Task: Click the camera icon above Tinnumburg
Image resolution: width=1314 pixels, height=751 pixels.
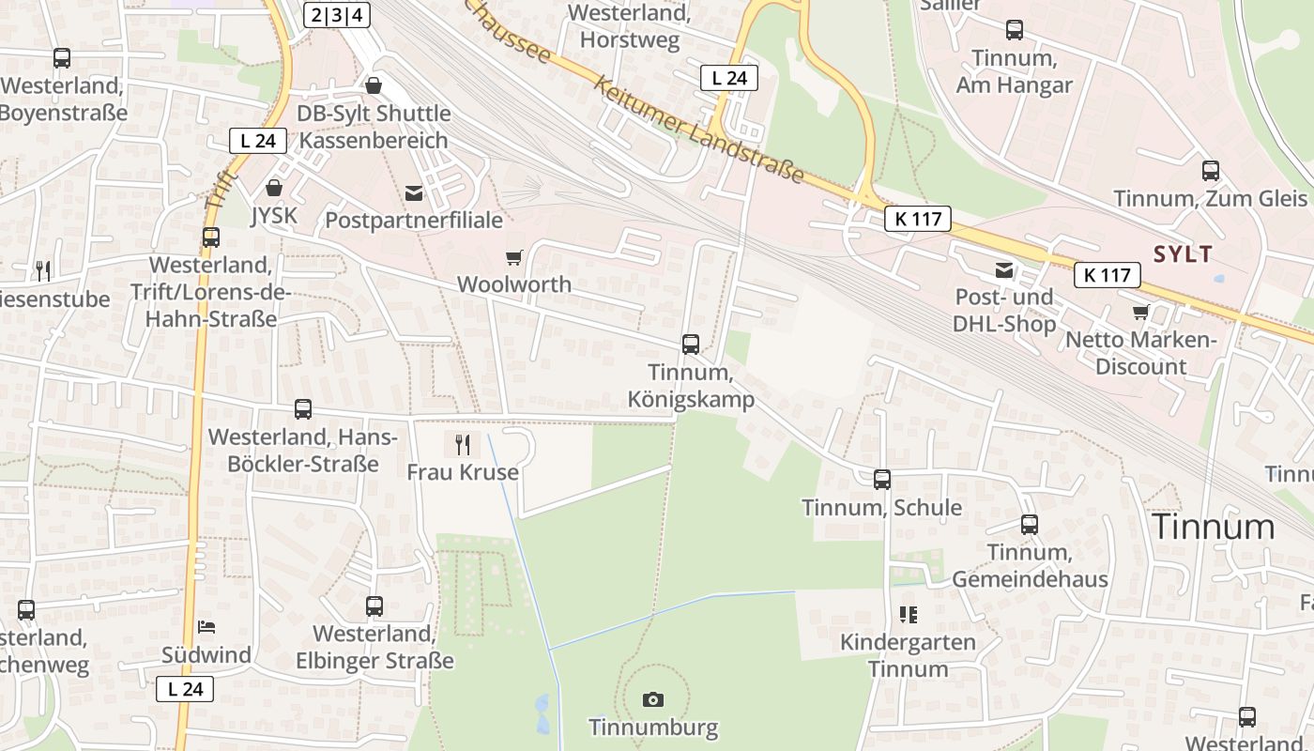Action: [653, 699]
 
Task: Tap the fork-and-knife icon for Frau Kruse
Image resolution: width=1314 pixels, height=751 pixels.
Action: [462, 444]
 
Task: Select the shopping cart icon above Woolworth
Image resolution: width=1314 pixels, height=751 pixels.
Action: [513, 257]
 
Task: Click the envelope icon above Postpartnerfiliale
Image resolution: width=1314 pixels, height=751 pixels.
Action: [413, 193]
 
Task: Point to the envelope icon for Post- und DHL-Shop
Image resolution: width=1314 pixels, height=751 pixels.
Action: [1004, 270]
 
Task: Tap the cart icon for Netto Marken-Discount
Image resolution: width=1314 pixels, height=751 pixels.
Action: [1140, 312]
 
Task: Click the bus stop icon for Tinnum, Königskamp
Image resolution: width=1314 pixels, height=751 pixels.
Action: [691, 345]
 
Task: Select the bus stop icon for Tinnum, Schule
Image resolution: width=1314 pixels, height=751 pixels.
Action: [881, 480]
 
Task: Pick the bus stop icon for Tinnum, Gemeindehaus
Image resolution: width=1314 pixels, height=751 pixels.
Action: [1030, 525]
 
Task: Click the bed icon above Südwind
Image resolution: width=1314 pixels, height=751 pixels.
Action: [206, 627]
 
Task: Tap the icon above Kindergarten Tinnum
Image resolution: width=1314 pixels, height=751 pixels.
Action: [908, 615]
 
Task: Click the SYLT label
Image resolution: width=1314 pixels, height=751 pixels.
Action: [1183, 253]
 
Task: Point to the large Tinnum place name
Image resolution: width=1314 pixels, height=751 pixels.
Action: [1213, 527]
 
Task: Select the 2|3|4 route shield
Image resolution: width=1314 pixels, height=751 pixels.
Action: [337, 14]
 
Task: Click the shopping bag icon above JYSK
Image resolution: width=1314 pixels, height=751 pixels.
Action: [274, 188]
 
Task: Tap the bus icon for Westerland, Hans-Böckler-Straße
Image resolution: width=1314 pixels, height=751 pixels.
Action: [303, 409]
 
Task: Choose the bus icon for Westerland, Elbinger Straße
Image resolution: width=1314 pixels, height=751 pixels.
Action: [374, 606]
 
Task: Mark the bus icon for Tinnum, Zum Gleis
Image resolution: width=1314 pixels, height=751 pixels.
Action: [1211, 171]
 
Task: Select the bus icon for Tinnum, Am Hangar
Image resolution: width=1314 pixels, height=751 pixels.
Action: [1015, 30]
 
